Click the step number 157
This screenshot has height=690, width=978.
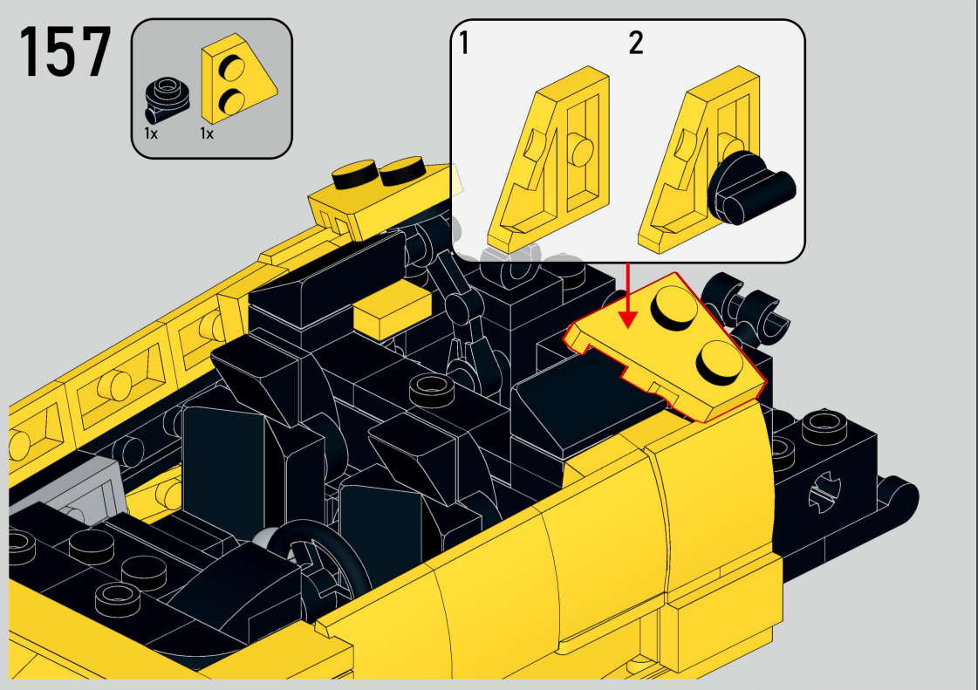tap(65, 52)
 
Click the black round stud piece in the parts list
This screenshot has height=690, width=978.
tap(167, 99)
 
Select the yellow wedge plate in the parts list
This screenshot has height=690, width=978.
tap(238, 78)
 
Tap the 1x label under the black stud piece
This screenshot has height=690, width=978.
tap(151, 133)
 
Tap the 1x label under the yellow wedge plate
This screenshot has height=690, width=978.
tap(207, 133)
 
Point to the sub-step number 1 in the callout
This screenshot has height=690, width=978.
tap(463, 43)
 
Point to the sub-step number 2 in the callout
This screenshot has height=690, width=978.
tap(636, 43)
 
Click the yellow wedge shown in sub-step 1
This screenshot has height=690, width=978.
tap(549, 159)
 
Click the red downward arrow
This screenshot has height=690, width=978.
tap(628, 296)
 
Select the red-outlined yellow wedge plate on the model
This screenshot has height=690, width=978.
tap(665, 346)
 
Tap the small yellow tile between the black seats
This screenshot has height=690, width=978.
tap(392, 310)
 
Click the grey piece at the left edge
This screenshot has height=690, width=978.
tap(69, 496)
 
